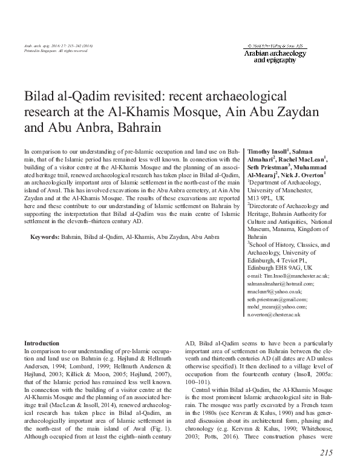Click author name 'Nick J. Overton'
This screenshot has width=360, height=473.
tap(306, 174)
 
